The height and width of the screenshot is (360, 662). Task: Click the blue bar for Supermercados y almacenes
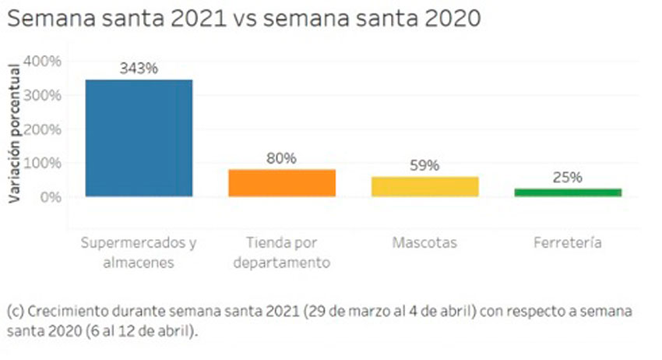[x=139, y=138]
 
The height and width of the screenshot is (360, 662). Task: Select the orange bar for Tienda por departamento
[x=281, y=182]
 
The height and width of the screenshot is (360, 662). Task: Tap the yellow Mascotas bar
[x=424, y=186]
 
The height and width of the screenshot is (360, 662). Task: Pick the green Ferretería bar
[x=568, y=192]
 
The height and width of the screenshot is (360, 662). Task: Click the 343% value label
[x=139, y=69]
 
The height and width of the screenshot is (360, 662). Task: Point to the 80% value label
[x=281, y=158]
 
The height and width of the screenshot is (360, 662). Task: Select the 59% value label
[x=424, y=166]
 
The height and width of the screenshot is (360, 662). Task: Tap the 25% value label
[x=568, y=177]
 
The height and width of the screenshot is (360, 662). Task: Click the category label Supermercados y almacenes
[x=139, y=252]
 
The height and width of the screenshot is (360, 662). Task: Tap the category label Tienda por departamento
[x=281, y=252]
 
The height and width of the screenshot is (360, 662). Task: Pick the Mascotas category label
[x=424, y=243]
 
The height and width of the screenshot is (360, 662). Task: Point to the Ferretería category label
[x=568, y=243]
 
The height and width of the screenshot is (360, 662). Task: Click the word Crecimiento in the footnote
[x=62, y=311]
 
